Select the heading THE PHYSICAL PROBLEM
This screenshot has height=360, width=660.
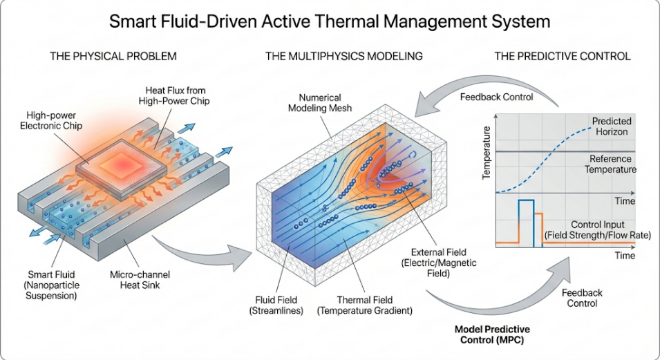point(113,56)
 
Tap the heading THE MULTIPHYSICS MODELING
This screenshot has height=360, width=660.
point(344,56)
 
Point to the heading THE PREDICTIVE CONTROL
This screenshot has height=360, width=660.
point(562,56)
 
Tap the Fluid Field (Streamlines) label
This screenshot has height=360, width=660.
point(272,305)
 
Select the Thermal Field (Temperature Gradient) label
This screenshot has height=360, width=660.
point(364,305)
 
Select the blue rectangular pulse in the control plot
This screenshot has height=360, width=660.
point(526,221)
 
